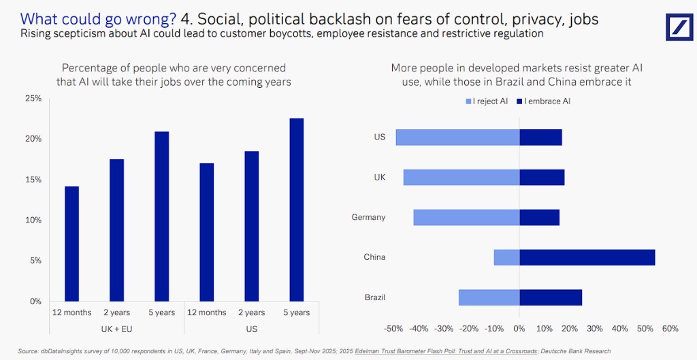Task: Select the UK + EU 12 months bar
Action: point(71,243)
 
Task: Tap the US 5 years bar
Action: point(296,210)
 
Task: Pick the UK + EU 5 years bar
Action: point(161,216)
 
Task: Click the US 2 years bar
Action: point(251,226)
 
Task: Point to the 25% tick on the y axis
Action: point(33,99)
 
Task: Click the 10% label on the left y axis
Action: point(33,220)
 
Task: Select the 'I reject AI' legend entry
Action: point(486,101)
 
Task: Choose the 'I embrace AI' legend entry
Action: point(545,101)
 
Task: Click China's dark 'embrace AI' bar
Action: point(587,257)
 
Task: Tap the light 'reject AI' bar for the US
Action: point(457,137)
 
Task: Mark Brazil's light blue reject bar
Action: point(489,297)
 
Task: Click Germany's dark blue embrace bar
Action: point(539,217)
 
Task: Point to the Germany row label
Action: point(368,217)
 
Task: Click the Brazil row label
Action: point(374,297)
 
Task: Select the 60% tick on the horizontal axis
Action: point(670,329)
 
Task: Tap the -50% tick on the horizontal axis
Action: point(394,329)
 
